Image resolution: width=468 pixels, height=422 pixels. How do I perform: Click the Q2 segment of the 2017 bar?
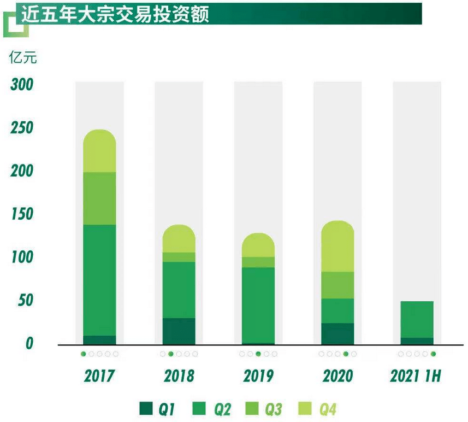pos(99,279)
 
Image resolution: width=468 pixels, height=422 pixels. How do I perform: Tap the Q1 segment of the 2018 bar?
pos(179,331)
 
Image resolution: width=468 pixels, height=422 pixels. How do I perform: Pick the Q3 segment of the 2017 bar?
pos(99,198)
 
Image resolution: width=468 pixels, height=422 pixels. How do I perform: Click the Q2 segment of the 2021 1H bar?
pos(417,319)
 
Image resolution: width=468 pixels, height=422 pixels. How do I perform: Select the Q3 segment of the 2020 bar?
pos(337,285)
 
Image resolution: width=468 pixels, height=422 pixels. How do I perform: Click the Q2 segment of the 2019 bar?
pos(258,304)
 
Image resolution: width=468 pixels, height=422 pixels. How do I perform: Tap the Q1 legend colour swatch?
pos(146,408)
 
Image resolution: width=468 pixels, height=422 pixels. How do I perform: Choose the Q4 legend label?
pos(328,408)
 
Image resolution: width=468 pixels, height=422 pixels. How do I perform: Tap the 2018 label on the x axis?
pos(179,376)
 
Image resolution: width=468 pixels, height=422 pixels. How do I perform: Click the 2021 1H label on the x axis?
pos(415,376)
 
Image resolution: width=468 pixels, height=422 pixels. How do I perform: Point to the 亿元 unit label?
pos(23,57)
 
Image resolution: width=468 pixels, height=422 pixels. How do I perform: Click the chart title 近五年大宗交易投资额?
pos(115,15)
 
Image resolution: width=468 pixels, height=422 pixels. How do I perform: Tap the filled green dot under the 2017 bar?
pos(84,354)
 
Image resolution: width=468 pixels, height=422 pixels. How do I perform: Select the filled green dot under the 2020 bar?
pos(346,354)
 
